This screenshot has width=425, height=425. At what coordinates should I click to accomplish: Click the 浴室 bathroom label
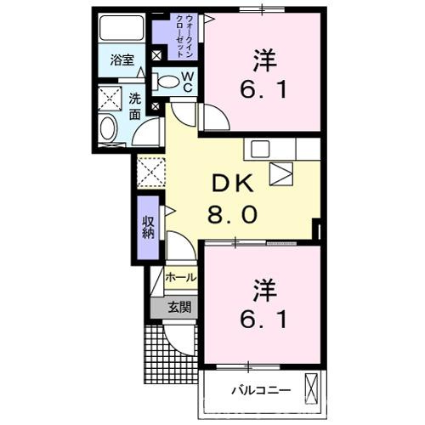click(122, 59)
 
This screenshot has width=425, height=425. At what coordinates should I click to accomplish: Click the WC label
click(189, 81)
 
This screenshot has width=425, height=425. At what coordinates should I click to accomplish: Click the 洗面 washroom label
click(136, 105)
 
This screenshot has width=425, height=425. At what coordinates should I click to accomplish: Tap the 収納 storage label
click(149, 225)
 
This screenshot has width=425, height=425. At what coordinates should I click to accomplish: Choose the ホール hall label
click(179, 278)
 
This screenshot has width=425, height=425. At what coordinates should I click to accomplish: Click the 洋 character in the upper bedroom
click(263, 60)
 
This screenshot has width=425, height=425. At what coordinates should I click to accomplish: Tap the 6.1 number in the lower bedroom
click(262, 322)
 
